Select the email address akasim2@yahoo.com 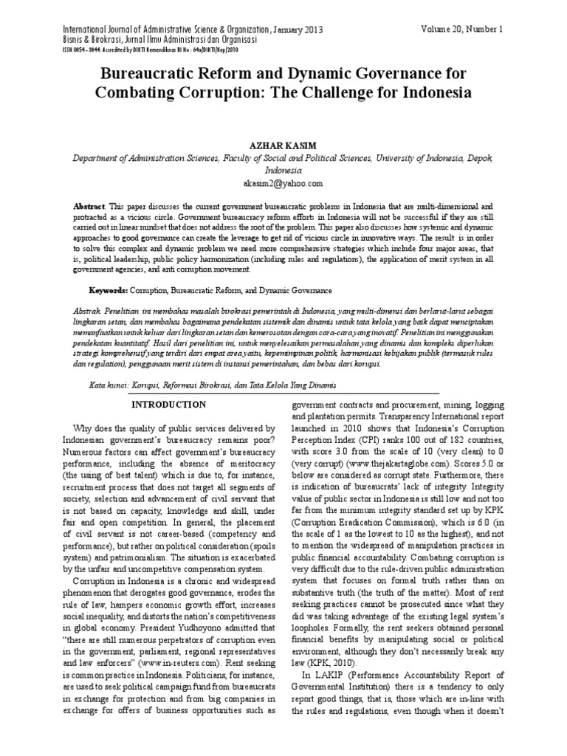pyautogui.click(x=283, y=183)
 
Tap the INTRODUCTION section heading pyautogui.click(x=168, y=405)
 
